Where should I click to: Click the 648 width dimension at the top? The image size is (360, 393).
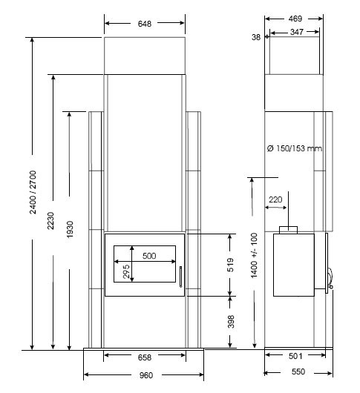click(x=145, y=24)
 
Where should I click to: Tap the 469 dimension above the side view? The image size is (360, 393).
click(x=295, y=19)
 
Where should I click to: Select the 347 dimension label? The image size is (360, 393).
click(x=297, y=32)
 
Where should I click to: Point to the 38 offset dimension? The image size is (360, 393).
click(x=256, y=37)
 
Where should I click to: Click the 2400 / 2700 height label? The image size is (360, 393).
click(x=33, y=192)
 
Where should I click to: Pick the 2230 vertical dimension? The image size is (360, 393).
click(x=50, y=220)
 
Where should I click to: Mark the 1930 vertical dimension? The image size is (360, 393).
click(x=70, y=229)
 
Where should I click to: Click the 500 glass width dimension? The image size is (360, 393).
click(x=149, y=256)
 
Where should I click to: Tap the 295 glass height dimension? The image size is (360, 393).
click(x=126, y=271)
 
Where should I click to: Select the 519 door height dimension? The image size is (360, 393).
click(x=230, y=265)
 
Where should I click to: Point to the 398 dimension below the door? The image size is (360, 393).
click(x=231, y=322)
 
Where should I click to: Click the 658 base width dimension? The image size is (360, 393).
click(x=145, y=357)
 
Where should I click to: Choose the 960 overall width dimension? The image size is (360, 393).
click(x=146, y=375)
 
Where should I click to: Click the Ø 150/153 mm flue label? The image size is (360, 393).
click(x=295, y=148)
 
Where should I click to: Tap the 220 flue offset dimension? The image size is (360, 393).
click(x=275, y=199)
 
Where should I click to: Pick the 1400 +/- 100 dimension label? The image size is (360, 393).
click(x=254, y=255)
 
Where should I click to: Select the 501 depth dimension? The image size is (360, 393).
click(x=295, y=356)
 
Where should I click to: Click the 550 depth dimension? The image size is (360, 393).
click(x=298, y=371)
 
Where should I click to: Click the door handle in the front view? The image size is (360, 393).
click(x=180, y=277)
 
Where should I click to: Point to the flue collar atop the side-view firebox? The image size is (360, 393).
click(x=289, y=230)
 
